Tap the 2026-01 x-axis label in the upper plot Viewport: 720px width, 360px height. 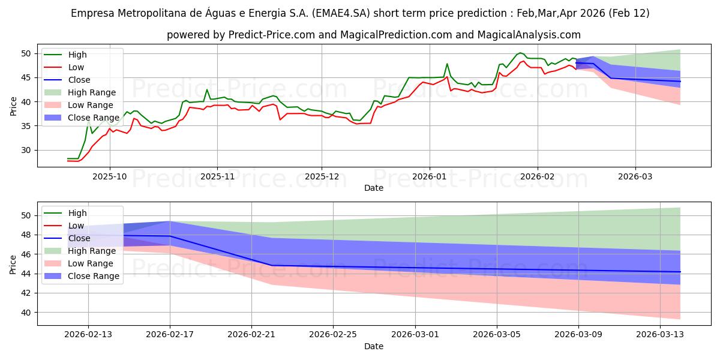(x=429, y=177)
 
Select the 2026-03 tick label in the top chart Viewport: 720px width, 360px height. (x=635, y=177)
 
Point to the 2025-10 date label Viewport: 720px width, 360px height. (x=109, y=177)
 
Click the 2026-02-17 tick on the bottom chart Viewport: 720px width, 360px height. (x=170, y=335)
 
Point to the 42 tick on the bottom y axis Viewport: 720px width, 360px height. (x=27, y=293)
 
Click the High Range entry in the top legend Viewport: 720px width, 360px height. (x=92, y=92)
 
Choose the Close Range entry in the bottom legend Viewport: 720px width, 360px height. (x=94, y=276)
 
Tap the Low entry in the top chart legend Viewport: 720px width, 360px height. (x=76, y=67)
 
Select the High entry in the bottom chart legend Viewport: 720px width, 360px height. (x=77, y=213)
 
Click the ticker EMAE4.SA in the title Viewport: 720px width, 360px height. (x=347, y=13)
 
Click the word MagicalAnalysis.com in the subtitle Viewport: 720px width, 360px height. (x=529, y=35)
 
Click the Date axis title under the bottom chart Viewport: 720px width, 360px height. (x=374, y=346)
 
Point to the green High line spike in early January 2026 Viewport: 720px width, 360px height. (x=447, y=64)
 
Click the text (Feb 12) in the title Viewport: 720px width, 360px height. (x=628, y=13)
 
